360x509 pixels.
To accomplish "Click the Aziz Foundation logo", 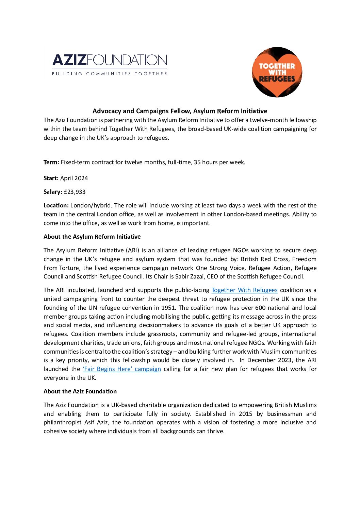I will [109, 61].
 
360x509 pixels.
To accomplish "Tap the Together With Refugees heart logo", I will [277, 72].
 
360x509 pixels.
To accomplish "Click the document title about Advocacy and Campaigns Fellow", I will [180, 111].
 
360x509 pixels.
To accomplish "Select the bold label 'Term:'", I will [51, 163].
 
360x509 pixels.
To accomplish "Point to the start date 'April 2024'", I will [74, 178].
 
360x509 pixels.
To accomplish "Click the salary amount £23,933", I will [75, 192].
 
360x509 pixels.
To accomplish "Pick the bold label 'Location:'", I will [56, 205].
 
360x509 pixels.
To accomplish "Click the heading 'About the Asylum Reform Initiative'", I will [92, 237].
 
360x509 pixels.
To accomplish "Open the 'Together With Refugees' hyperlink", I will [244, 290].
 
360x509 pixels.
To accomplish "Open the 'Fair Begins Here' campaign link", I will [122, 369].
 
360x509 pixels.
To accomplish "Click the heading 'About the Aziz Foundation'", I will [80, 391].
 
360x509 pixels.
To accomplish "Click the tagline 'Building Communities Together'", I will [109, 73].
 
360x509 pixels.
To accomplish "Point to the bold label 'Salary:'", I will [53, 192].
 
